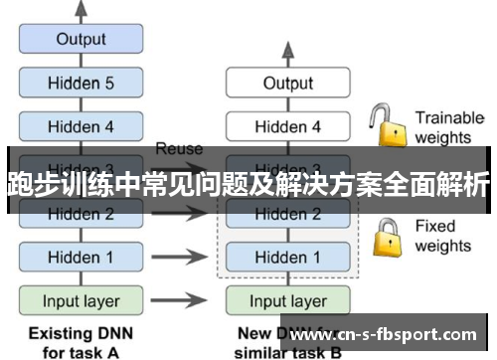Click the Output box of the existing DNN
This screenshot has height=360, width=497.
pos(82,40)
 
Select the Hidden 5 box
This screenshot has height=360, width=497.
pos(82,84)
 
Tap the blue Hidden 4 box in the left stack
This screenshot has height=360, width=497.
pos(82,126)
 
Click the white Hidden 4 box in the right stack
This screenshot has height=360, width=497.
pos(287,126)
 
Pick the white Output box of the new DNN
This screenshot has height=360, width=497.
pos(287,84)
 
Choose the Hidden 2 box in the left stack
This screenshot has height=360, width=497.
pos(82,213)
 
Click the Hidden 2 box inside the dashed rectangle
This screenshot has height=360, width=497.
pos(287,214)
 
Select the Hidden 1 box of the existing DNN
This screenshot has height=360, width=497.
pos(82,257)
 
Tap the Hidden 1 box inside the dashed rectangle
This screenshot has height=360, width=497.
pos(287,258)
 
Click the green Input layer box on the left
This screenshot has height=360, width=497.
pos(82,300)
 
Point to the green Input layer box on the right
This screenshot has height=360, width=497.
pos(287,300)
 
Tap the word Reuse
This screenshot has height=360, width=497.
pos(179,149)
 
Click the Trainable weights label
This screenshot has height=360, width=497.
pos(449,126)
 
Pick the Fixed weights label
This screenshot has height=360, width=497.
pos(442,236)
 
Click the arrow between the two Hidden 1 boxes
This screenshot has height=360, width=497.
pos(185,257)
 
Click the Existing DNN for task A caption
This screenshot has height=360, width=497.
pos(82,340)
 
